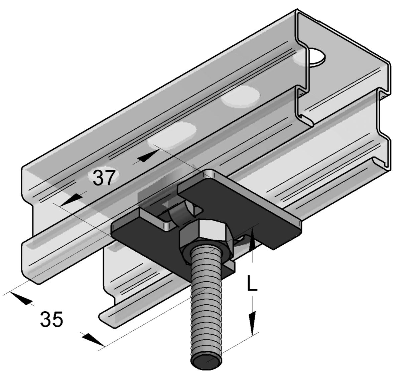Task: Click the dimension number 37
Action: [104, 178]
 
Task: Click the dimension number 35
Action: [51, 319]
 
